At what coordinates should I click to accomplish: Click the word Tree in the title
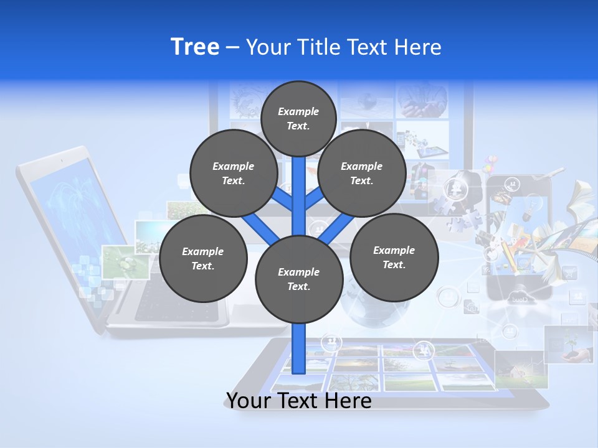coord(195,47)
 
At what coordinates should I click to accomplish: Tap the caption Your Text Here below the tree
coord(299,401)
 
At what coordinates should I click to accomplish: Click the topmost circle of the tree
coord(298,118)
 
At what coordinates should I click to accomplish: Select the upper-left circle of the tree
coord(233,174)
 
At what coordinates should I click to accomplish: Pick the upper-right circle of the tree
coord(361,174)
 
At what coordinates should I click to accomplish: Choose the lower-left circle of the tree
coord(203,259)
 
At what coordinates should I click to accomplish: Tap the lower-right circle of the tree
coord(394,258)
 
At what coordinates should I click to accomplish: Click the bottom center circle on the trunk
coord(299,279)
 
